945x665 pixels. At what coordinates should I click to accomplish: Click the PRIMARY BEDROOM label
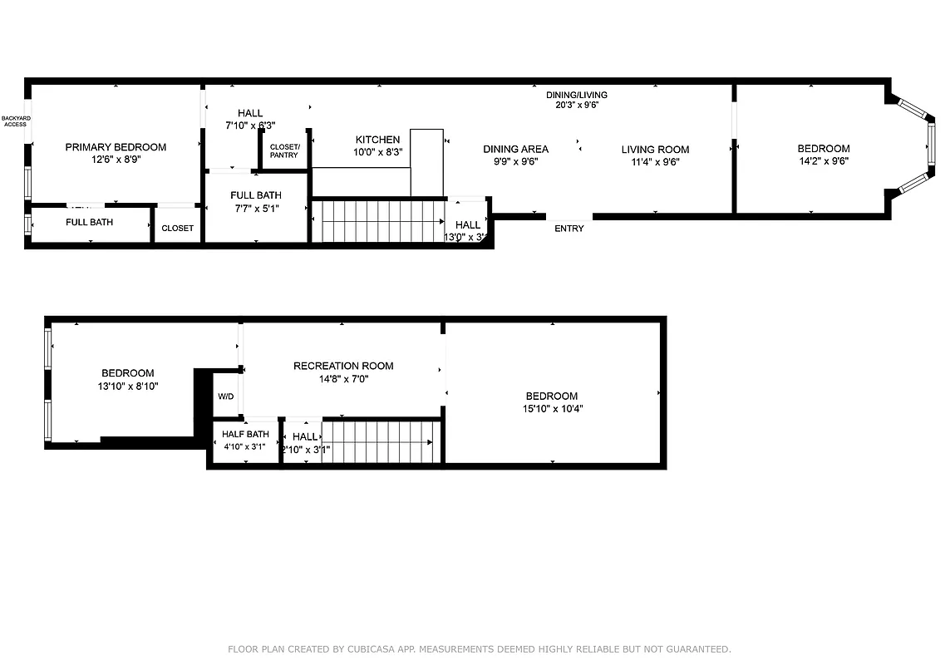(116, 147)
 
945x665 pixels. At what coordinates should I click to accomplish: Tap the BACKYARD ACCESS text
(15, 121)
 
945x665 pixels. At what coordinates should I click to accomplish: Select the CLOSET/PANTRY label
(284, 150)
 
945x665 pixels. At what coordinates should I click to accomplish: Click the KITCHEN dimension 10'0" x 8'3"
(378, 152)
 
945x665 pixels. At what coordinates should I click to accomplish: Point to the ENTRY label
(569, 229)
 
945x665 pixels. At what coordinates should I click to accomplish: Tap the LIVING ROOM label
(655, 150)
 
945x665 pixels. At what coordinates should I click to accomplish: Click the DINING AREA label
(515, 150)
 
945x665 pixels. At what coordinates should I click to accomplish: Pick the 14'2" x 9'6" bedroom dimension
(824, 161)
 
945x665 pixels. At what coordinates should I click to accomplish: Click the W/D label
(225, 397)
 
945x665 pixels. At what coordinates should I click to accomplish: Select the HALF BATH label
(245, 434)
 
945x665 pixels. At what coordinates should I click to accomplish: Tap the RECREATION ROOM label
(343, 366)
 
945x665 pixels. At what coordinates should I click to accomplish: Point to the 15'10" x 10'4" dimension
(551, 409)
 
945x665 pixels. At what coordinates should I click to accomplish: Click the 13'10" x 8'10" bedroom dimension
(127, 387)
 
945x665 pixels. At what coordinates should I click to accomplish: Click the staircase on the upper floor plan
(378, 221)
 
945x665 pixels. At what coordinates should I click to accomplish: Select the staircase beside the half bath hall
(379, 442)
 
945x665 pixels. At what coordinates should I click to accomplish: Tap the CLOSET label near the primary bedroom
(177, 228)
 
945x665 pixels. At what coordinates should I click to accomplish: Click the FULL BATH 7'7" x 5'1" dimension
(255, 209)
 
